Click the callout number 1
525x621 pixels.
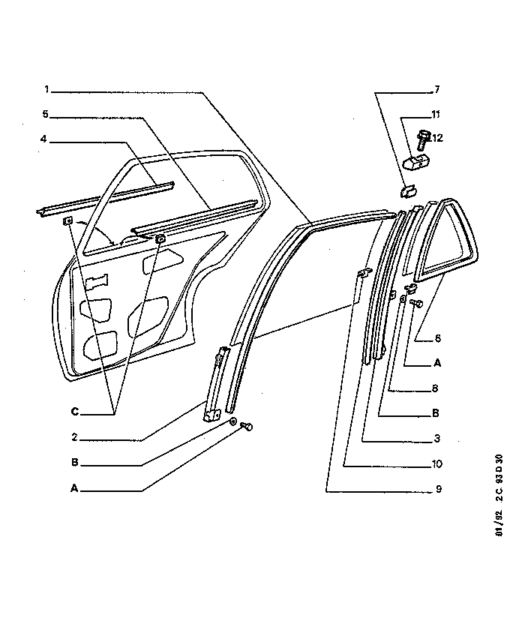[x=46, y=89]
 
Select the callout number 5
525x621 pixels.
[x=46, y=115]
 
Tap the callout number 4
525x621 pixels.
[x=43, y=139]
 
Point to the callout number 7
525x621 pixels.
[x=436, y=89]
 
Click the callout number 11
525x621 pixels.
[x=436, y=115]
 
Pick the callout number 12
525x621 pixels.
[x=437, y=138]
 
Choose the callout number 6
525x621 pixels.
[x=437, y=337]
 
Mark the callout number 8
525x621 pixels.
[x=435, y=388]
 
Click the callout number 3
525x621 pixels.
[x=436, y=439]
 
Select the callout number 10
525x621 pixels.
[x=436, y=463]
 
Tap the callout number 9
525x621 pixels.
[x=438, y=489]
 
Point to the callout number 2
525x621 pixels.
[x=75, y=437]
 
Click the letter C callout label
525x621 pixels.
[x=75, y=412]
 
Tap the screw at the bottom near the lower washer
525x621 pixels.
[x=246, y=427]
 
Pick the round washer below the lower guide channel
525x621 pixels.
[x=233, y=421]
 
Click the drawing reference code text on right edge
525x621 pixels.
[x=499, y=495]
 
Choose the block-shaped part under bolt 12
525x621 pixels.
[x=417, y=163]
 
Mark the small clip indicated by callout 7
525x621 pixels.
[x=407, y=192]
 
